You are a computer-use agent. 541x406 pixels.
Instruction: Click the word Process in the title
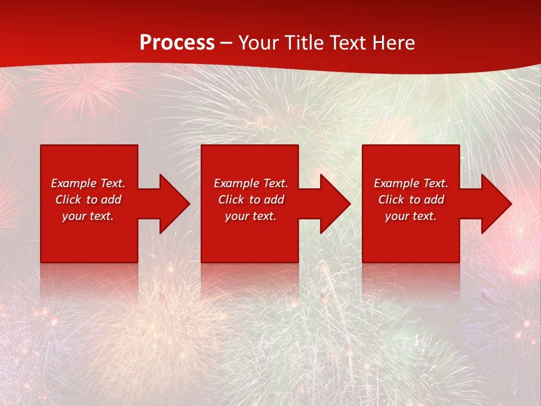(x=177, y=43)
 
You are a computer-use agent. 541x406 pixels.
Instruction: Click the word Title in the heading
(x=304, y=43)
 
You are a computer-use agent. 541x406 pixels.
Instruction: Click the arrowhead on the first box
(x=174, y=204)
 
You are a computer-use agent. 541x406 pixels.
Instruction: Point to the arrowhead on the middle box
(x=334, y=204)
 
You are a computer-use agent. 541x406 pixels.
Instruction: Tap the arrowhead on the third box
(x=495, y=204)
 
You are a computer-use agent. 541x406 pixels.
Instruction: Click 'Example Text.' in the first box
(x=88, y=183)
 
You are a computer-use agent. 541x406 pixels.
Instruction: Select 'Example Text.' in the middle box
(x=251, y=183)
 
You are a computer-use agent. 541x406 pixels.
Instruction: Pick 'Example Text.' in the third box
(x=411, y=183)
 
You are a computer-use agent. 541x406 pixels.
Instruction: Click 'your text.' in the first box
(x=88, y=216)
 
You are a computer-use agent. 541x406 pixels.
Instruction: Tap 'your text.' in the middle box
(x=251, y=216)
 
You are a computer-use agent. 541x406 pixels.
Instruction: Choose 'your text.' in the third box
(x=411, y=216)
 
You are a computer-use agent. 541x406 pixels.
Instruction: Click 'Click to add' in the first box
(x=88, y=200)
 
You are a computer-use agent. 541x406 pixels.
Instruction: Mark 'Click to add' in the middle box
(x=251, y=200)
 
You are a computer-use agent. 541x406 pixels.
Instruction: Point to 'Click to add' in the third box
(x=411, y=200)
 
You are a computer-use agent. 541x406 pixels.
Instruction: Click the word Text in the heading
(x=348, y=43)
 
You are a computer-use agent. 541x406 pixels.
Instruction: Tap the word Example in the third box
(x=397, y=183)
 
